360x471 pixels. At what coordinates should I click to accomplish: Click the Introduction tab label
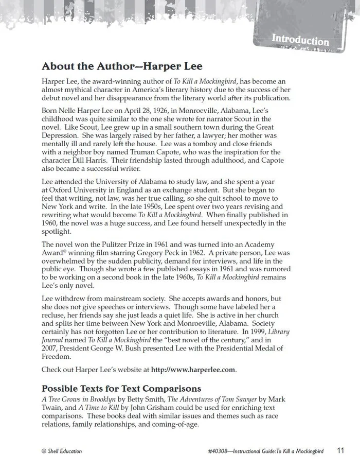click(300, 40)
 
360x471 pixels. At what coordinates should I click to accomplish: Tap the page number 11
click(340, 451)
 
